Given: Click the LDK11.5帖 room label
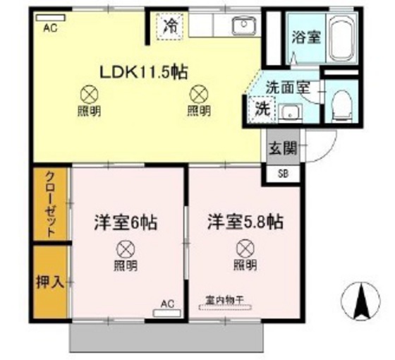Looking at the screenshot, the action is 144,72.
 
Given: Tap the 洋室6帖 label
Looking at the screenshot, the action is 126,222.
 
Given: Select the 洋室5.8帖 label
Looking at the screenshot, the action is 245,222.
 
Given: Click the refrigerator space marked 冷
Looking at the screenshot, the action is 169,27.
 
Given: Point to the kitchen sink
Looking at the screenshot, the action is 244,25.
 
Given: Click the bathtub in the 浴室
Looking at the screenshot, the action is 342,39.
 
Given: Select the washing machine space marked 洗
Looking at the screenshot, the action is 262,109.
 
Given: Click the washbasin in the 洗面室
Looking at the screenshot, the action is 291,112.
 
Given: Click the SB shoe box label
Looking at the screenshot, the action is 283,174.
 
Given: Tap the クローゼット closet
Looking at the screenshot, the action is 50,204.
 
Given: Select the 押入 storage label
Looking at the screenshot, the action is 50,282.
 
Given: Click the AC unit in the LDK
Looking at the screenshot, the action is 50,18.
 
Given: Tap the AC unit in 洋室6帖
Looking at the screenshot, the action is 167,313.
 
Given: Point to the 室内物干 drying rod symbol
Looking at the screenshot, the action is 225,307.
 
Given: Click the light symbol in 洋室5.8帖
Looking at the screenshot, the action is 245,248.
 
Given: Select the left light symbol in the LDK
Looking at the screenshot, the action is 90,95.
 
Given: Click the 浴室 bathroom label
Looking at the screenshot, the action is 306,37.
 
